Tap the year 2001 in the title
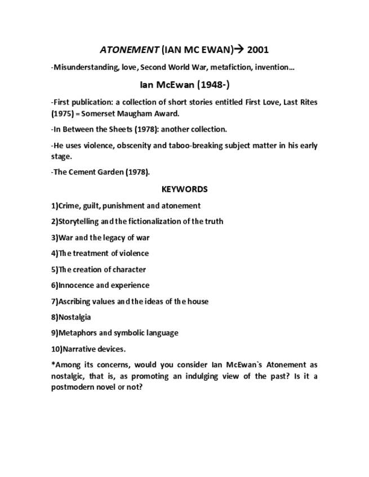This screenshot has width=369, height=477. [258, 49]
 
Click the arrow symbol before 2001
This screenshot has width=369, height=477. [239, 49]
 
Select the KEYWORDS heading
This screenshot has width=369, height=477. [184, 189]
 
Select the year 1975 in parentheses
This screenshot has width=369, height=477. [62, 113]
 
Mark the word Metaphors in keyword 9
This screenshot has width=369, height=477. [77, 333]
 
